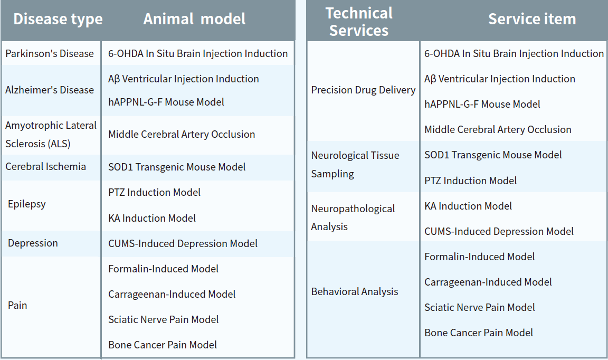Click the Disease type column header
[x=58, y=19]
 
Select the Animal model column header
[x=194, y=19]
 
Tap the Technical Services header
[x=359, y=22]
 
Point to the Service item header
[x=532, y=19]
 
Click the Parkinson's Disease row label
[x=50, y=53]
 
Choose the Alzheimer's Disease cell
[x=50, y=90]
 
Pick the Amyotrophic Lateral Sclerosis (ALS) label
[x=51, y=135]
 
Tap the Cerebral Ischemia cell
[x=46, y=166]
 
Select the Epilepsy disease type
[x=27, y=204]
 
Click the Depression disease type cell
[x=33, y=243]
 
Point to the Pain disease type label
[x=17, y=305]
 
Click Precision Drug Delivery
[x=363, y=90]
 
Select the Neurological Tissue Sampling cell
[x=355, y=165]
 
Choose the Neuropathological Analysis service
[x=353, y=217]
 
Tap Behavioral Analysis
[x=355, y=292]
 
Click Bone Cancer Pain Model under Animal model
[x=163, y=345]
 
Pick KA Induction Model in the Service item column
[x=468, y=206]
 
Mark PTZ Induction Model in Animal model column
[x=154, y=193]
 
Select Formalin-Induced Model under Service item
[x=480, y=257]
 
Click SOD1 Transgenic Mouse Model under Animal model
[x=177, y=167]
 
